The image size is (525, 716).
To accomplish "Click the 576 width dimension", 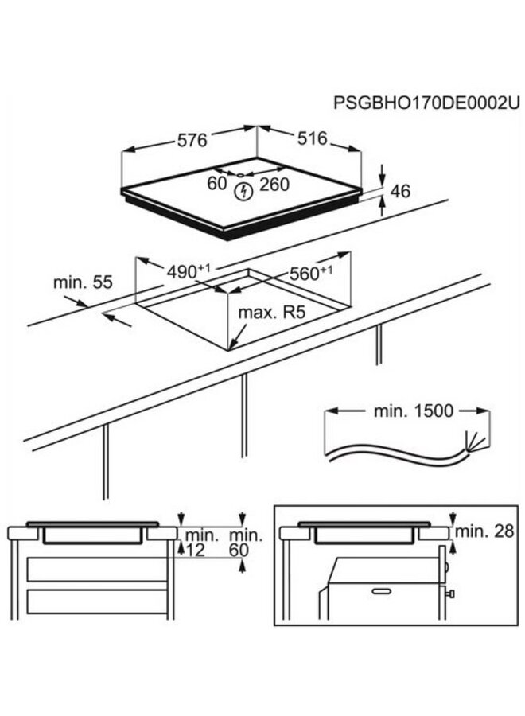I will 192,140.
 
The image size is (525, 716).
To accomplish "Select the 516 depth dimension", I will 313,138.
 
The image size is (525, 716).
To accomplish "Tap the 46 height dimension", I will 402,191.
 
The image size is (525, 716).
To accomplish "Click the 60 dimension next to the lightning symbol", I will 217,185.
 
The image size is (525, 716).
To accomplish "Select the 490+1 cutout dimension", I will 188,271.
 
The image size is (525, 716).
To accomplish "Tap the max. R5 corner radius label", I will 272,313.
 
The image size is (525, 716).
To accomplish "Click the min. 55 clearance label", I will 83,282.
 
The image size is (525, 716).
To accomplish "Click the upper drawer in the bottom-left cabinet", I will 98,570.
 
